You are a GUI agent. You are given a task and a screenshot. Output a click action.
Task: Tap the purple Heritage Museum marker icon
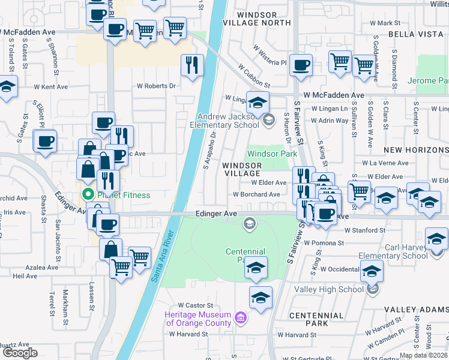(x=240, y=317)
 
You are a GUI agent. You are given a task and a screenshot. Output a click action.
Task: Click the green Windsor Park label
(x=273, y=154)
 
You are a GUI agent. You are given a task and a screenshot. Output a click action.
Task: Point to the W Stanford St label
(x=364, y=229)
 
